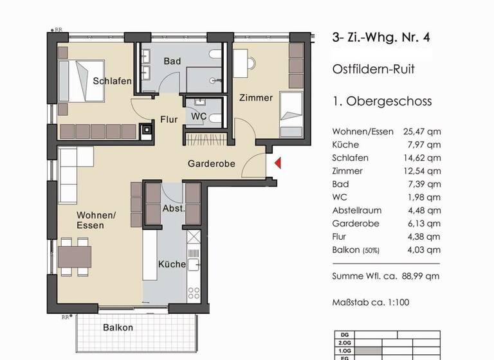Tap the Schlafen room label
112,81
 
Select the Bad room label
172,61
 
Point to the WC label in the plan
199,116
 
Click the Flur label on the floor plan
169,119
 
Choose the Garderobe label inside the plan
211,164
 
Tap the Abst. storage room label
174,209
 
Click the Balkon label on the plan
118,327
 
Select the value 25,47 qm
425,132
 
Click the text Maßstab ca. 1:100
370,302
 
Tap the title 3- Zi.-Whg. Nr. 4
381,37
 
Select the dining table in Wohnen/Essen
75,256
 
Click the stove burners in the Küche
194,293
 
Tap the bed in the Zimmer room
291,114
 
